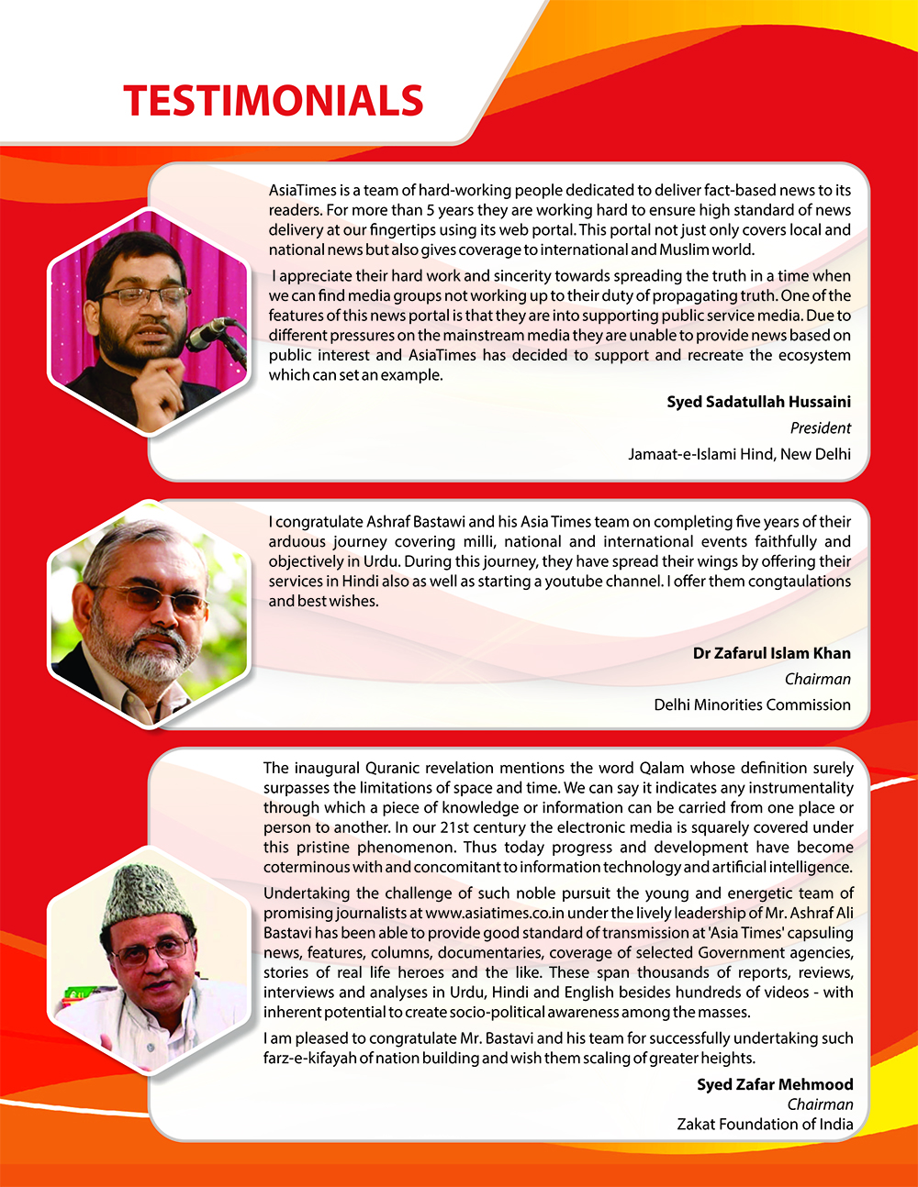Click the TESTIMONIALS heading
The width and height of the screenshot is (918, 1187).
(274, 101)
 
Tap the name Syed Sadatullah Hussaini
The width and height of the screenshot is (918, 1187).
(758, 402)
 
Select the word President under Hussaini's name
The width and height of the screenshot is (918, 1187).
(820, 427)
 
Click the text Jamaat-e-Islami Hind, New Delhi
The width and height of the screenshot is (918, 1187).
(739, 453)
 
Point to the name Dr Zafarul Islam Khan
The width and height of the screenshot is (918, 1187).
(771, 653)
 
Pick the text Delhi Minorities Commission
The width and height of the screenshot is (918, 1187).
(752, 704)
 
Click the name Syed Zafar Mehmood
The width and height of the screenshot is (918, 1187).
(775, 1084)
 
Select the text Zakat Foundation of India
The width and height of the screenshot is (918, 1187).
(765, 1124)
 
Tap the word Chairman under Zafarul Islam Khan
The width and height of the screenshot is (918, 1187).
(817, 679)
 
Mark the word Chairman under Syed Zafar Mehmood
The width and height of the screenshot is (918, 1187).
(820, 1104)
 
